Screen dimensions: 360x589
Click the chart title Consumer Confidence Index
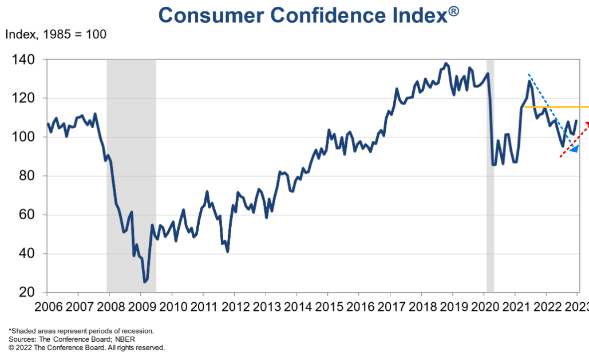point(302,15)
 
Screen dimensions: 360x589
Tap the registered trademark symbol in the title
point(453,11)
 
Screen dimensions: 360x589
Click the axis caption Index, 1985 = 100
point(56,34)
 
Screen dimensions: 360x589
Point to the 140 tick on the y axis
point(22,60)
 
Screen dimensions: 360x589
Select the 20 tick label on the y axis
point(27,292)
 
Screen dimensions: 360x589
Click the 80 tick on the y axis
point(27,176)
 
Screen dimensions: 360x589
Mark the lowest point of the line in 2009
point(145,282)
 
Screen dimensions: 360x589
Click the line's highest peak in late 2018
point(446,63)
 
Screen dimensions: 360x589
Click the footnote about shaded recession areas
point(81,331)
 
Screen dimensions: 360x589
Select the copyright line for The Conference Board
point(86,347)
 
